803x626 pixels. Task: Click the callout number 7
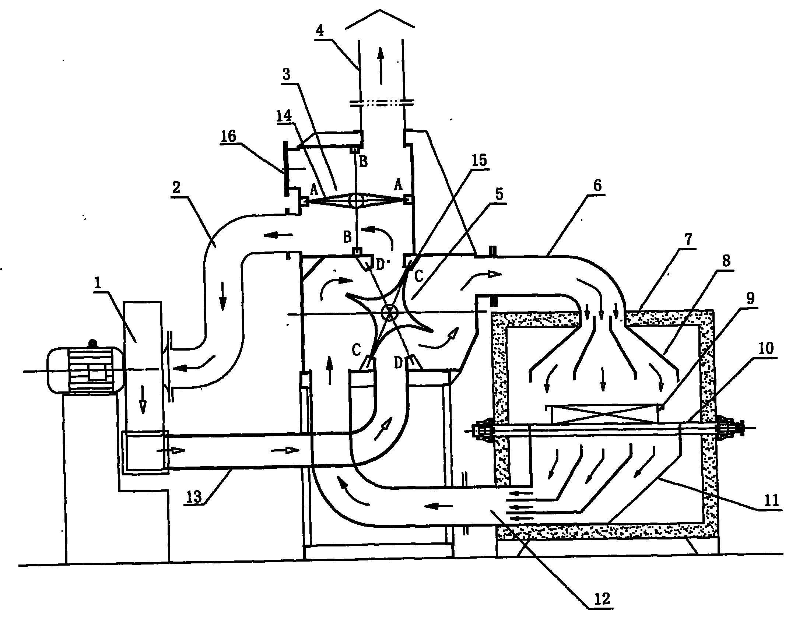point(687,240)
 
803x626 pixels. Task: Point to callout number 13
point(194,497)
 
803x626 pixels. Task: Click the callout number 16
point(228,136)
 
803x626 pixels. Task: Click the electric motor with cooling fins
point(85,370)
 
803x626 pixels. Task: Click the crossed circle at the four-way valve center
point(388,313)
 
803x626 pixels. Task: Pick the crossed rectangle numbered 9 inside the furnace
point(603,413)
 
